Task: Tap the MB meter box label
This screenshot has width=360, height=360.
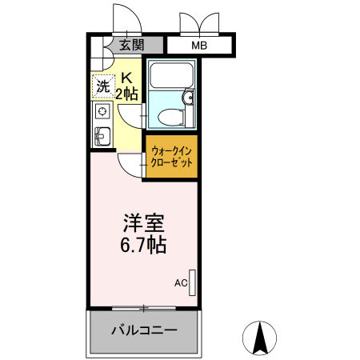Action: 198,46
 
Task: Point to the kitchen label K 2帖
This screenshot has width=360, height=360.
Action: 127,86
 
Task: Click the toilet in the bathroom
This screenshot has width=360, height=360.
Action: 169,118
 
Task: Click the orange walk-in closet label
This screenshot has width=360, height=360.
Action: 171,156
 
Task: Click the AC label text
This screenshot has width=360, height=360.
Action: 180,282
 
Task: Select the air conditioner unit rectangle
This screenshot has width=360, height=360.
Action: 192,281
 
